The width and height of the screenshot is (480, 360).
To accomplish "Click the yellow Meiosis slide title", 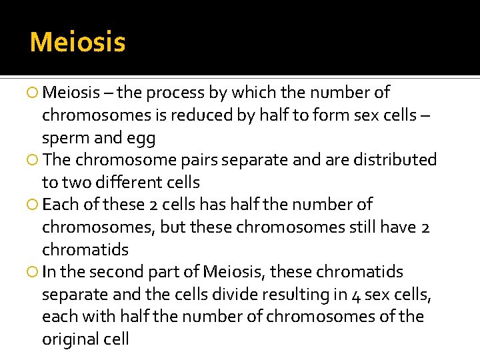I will pos(77,43).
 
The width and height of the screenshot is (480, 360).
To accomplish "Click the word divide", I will pos(238,294).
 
